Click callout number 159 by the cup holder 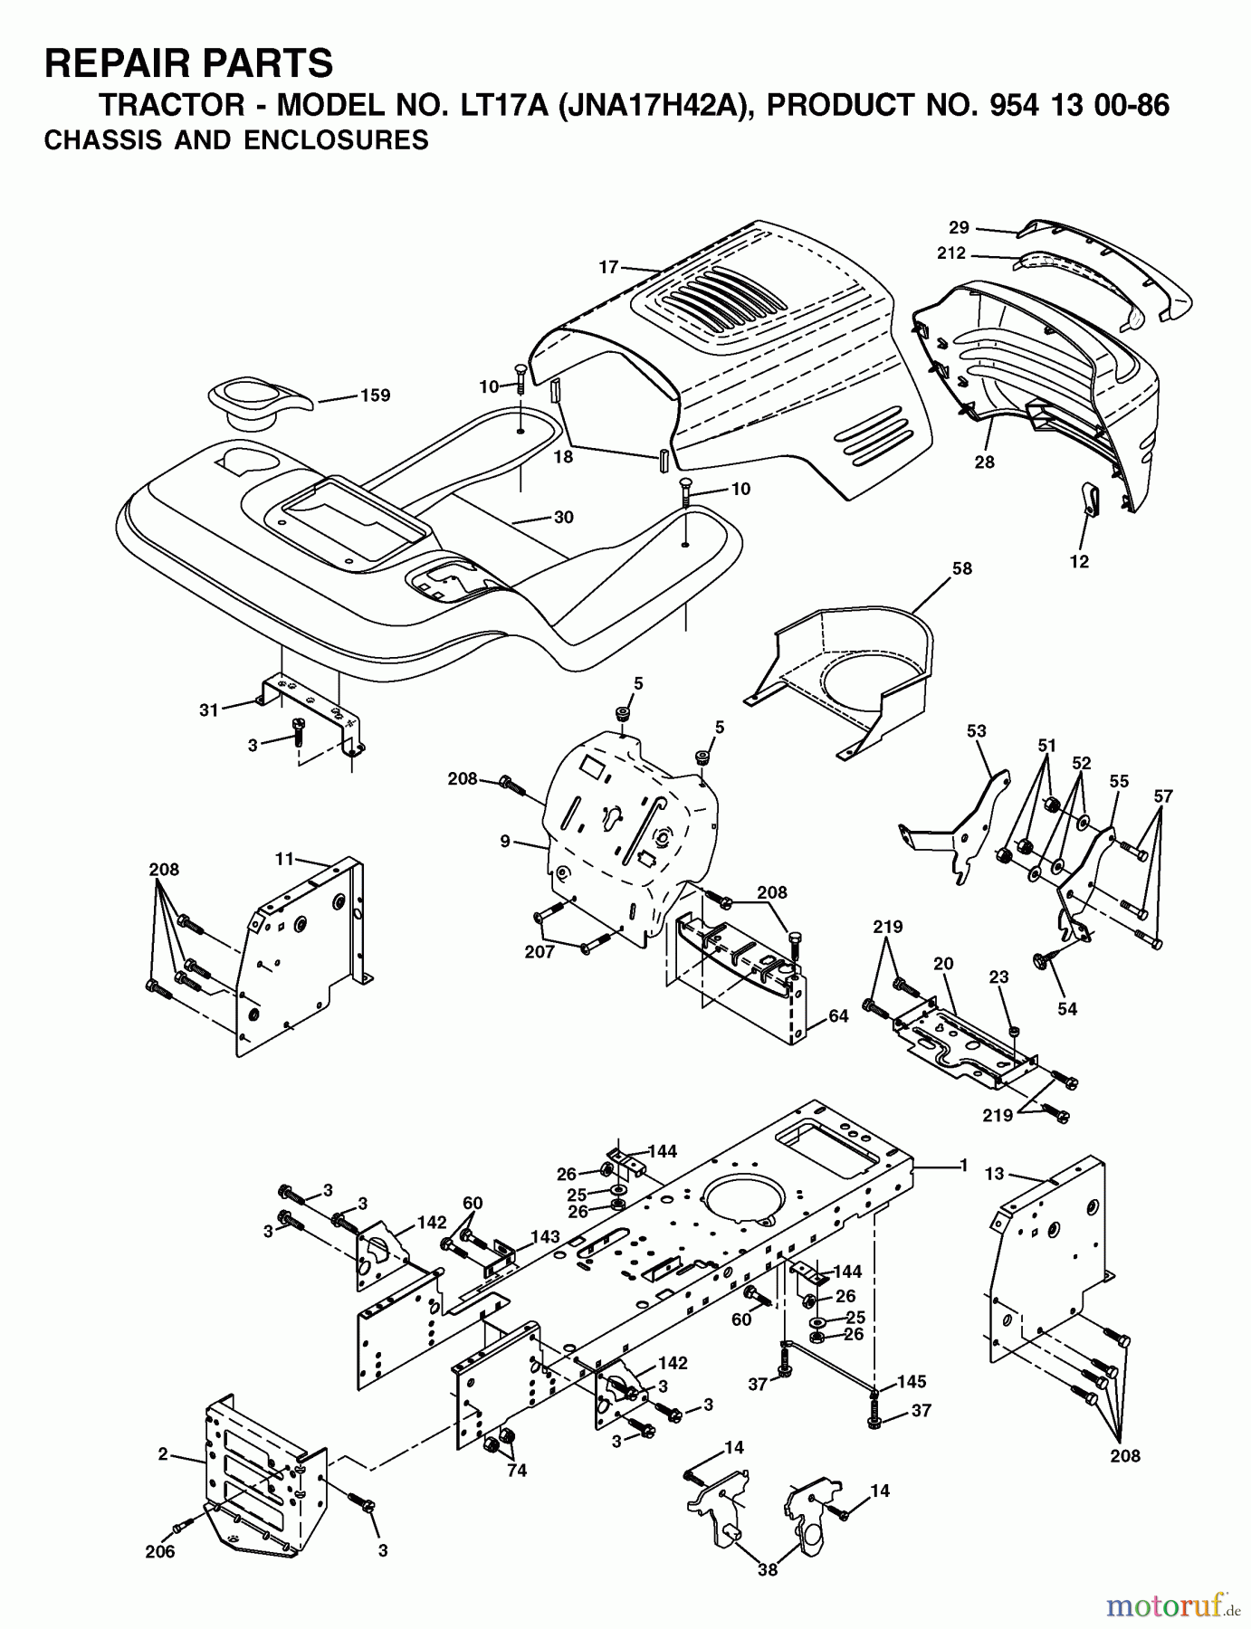click(x=375, y=395)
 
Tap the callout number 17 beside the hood click(x=608, y=267)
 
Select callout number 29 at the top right click(x=959, y=227)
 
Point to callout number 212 click(x=951, y=253)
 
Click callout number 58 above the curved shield click(x=961, y=568)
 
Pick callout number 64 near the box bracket click(x=838, y=1016)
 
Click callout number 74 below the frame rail click(x=517, y=1471)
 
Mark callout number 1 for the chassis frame click(x=964, y=1165)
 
